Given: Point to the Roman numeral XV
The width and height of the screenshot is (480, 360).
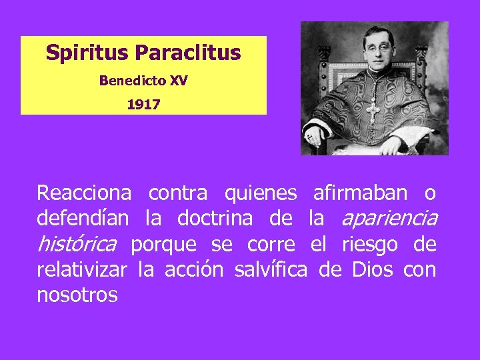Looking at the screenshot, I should pos(178,81).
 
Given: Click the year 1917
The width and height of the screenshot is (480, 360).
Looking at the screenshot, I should pos(143,105).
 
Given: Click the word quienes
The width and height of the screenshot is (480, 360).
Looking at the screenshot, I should pos(261,193).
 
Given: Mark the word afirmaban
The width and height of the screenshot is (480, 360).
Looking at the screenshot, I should pos(360,193).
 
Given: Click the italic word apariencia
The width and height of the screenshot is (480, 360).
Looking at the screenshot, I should pos(389,219).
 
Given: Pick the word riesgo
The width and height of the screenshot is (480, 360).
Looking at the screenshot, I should pos(370,245).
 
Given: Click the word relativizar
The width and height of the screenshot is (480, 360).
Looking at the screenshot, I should pos(82,270).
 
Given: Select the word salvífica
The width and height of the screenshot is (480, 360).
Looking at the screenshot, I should pos(271,270).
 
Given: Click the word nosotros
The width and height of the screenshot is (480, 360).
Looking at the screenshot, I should pos(77,295).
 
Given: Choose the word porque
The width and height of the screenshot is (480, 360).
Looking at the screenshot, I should pos(163,245).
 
